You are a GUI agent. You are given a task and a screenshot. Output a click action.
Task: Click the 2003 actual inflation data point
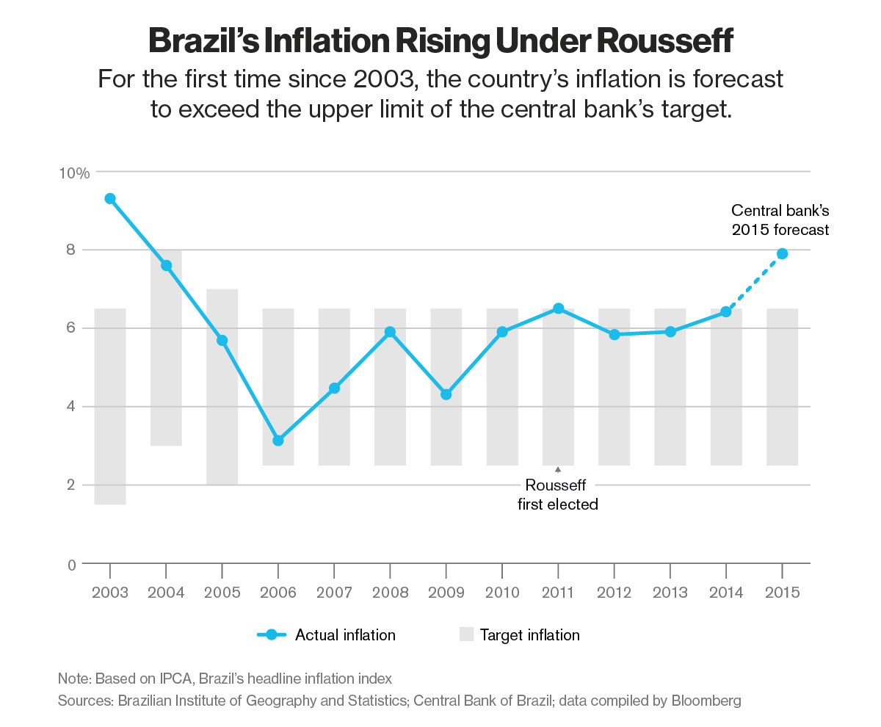tap(110, 198)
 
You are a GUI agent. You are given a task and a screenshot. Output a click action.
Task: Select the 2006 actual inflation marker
tap(278, 441)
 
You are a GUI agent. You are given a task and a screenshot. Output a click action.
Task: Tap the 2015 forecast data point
tap(782, 253)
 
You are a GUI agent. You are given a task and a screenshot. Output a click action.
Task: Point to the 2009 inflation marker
tap(446, 394)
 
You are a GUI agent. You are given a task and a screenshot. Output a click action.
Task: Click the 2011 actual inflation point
tap(558, 308)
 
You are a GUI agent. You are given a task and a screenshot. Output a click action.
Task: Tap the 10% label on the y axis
tap(74, 173)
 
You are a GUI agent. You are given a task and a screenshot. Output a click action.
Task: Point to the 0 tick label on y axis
tap(71, 564)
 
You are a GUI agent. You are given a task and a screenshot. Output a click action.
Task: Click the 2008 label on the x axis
tap(390, 592)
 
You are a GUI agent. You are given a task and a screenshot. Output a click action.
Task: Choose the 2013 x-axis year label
tap(670, 592)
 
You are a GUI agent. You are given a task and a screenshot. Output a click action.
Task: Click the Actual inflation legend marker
tap(272, 635)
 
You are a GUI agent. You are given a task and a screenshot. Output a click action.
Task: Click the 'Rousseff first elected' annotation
tap(558, 494)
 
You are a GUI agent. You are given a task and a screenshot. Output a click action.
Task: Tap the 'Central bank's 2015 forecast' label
tap(780, 220)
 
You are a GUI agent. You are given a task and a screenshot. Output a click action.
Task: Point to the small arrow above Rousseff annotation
tap(558, 469)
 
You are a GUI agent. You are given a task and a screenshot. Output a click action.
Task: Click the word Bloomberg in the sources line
tap(706, 701)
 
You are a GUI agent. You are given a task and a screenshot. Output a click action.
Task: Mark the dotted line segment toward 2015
tap(754, 283)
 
